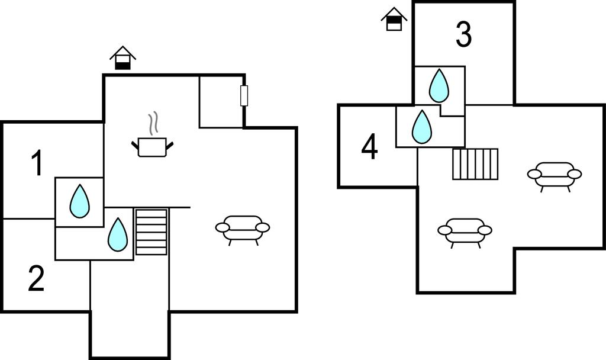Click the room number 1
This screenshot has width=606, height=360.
[x=37, y=163]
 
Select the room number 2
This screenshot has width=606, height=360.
[x=36, y=279]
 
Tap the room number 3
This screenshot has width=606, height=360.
[x=464, y=34]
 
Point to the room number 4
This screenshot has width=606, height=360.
[x=369, y=147]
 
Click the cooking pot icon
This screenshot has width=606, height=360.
[x=152, y=147]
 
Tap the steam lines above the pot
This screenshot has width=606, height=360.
[x=153, y=122]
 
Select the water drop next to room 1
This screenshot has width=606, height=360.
[x=79, y=201]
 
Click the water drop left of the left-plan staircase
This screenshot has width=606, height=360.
[x=118, y=234]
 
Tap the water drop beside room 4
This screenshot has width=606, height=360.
[x=421, y=127]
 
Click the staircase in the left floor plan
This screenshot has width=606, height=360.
[x=151, y=232]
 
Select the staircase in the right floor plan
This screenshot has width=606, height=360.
[x=475, y=164]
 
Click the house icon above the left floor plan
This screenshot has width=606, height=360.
[x=123, y=58]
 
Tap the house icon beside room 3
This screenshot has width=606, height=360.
[x=394, y=19]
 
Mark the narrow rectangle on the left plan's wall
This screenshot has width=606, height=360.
[x=244, y=95]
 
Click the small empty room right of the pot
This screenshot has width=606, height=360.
[x=221, y=101]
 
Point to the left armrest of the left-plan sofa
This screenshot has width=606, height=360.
[x=223, y=227]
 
